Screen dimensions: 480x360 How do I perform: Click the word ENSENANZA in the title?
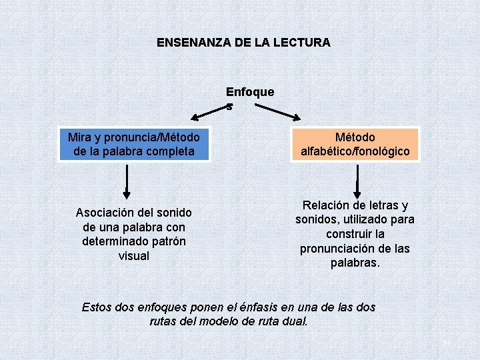coord(194,43)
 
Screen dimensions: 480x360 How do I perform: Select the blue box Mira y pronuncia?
coord(133,144)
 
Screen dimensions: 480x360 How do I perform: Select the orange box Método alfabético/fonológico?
coord(355,144)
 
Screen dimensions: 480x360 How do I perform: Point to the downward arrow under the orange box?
coord(357,180)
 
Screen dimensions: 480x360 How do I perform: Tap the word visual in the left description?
coord(133,256)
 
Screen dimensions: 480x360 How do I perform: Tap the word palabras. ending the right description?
coord(355,263)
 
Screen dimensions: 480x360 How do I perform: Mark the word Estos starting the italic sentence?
coord(97,307)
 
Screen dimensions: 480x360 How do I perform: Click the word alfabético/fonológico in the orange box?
coord(355,151)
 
